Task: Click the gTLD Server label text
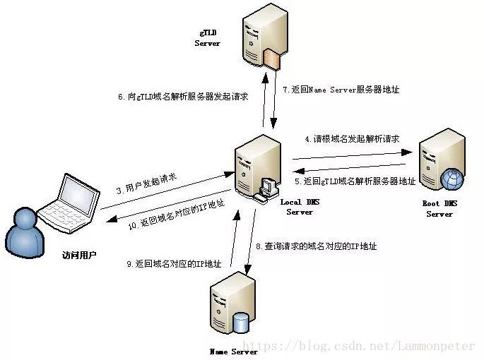[x=207, y=37]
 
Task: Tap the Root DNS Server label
[x=439, y=208]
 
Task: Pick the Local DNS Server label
[x=300, y=207]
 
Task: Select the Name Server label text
[x=234, y=351]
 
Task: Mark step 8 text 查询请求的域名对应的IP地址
[x=316, y=246]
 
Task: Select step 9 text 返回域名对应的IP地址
[x=174, y=264]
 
